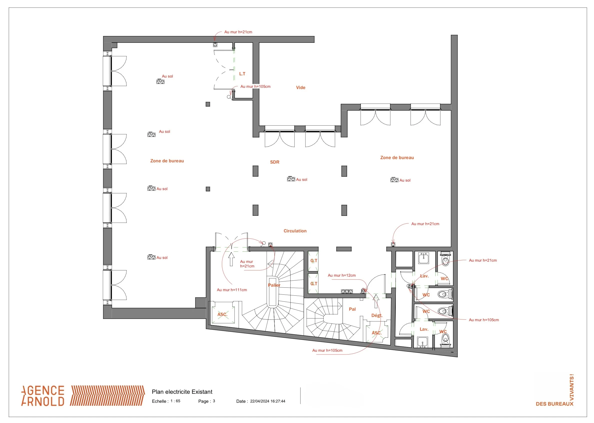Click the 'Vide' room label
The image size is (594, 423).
301,88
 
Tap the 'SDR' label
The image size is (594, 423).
274,162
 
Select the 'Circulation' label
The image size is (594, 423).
295,231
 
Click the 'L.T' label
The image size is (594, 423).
242,74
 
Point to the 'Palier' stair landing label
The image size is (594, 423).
274,285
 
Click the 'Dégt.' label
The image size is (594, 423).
377,315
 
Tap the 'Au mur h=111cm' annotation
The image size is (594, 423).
232,290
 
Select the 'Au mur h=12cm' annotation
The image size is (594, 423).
342,275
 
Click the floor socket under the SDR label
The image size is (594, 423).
291,179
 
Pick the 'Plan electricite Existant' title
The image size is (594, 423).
182,392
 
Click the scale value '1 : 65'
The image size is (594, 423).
175,401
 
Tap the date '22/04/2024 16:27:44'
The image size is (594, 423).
267,401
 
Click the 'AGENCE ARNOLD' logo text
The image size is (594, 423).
43,396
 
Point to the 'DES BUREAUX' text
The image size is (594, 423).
555,404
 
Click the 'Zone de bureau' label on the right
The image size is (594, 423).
397,158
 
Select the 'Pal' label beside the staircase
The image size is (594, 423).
352,309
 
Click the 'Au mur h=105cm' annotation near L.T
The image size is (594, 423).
255,87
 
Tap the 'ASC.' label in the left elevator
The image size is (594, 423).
222,314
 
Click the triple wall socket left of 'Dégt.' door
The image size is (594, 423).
347,291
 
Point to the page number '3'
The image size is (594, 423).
214,401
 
